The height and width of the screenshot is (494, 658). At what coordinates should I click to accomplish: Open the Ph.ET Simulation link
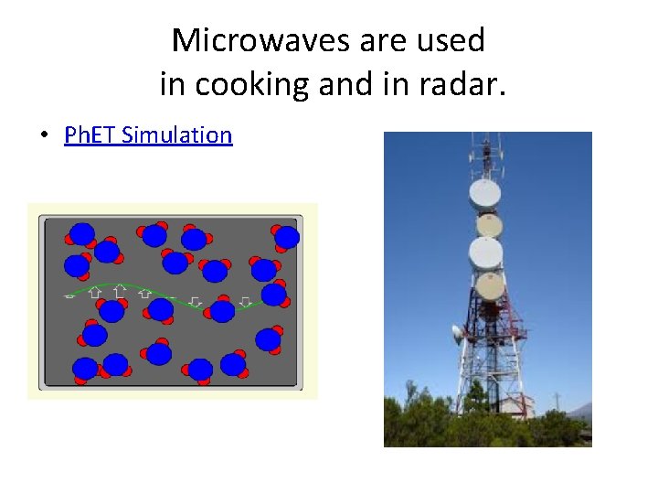(148, 135)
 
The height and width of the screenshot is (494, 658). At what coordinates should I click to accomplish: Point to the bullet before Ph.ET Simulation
(43, 136)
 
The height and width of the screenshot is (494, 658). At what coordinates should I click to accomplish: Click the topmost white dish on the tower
(484, 194)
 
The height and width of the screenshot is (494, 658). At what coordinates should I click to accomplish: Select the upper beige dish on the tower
(489, 224)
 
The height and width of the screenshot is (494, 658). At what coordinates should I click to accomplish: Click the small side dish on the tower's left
(457, 334)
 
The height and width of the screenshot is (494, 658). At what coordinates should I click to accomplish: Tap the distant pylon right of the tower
(557, 401)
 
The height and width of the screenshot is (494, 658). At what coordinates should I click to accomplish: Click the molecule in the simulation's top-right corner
(285, 237)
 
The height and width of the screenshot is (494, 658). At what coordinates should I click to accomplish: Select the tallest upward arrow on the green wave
(120, 293)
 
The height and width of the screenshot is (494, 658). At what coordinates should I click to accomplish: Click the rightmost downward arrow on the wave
(245, 301)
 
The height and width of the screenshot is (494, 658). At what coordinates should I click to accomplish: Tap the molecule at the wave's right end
(273, 295)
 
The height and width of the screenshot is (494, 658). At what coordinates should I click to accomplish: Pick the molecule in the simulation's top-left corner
(81, 234)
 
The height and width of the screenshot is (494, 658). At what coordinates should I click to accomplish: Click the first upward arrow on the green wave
(95, 294)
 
